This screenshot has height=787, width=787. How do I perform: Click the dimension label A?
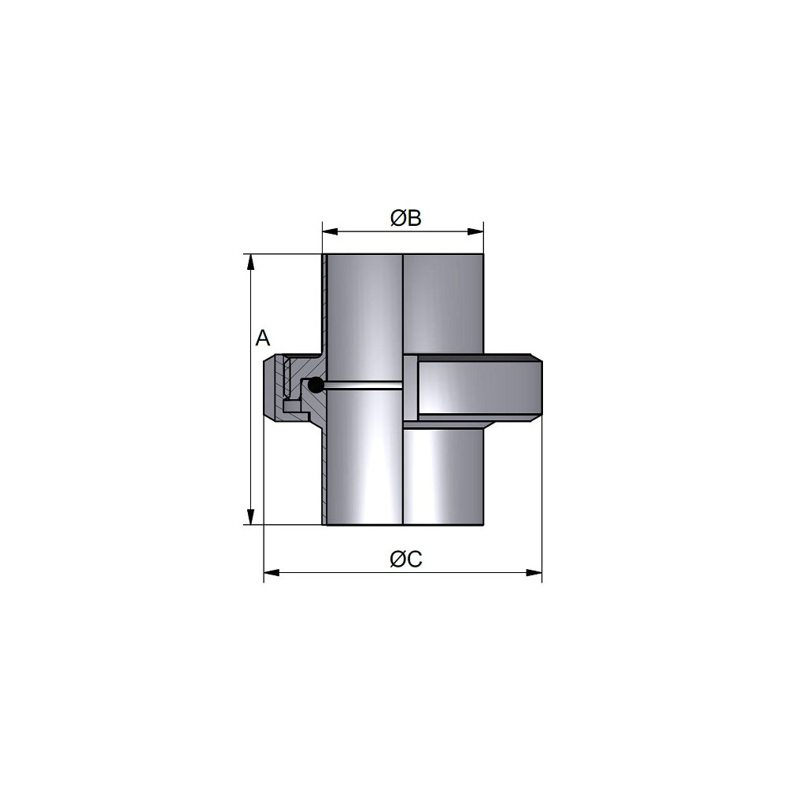263,338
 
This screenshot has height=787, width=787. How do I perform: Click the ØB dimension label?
405,218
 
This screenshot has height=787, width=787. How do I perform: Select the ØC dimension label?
406,559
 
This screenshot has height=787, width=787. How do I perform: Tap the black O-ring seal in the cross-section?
316,385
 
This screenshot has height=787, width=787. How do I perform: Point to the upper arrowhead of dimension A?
250,262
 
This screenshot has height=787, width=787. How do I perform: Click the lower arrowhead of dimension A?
250,516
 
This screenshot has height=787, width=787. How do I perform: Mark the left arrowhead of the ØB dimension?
331,231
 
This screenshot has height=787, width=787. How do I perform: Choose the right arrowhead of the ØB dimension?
475,231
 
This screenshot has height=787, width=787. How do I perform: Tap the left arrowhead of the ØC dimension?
272,573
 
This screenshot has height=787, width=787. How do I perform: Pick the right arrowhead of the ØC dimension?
534,573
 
